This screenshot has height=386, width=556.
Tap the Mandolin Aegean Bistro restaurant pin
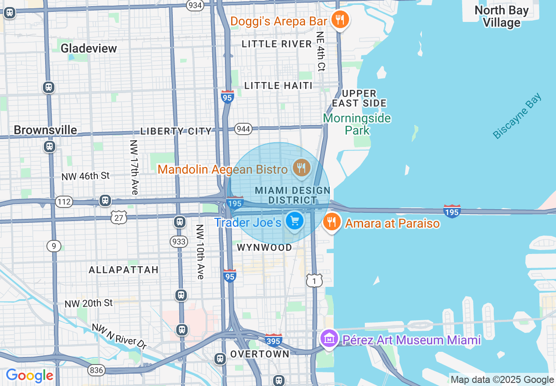click(301, 168)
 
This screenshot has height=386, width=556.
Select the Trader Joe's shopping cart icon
click(294, 221)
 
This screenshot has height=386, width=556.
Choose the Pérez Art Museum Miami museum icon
click(329, 339)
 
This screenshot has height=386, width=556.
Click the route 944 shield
click(243, 129)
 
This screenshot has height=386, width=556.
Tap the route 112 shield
click(64, 202)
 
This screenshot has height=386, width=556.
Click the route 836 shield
click(96, 370)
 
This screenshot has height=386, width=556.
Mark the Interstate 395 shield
click(273, 340)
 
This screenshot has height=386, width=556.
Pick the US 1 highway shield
click(314, 280)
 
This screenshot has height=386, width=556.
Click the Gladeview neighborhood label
click(89, 48)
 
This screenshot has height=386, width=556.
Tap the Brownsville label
click(45, 130)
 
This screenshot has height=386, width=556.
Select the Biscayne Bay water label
click(517, 116)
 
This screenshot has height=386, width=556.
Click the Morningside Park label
click(357, 124)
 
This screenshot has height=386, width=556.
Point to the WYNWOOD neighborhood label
click(264, 247)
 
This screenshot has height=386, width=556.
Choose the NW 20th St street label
click(89, 303)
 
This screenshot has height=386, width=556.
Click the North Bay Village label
click(501, 16)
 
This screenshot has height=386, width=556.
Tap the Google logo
click(29, 375)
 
